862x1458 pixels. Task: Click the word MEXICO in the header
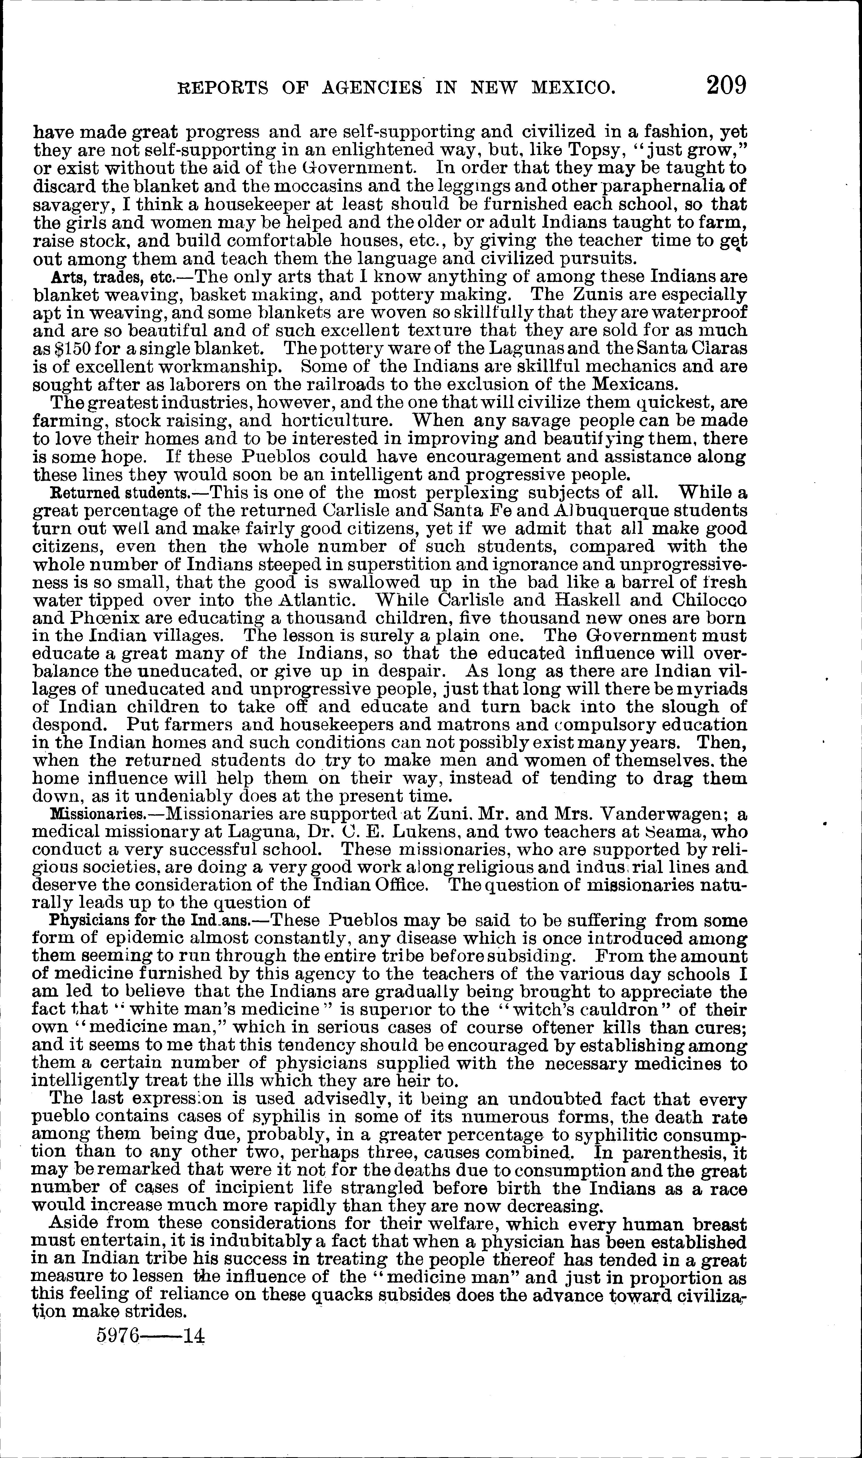click(573, 88)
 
